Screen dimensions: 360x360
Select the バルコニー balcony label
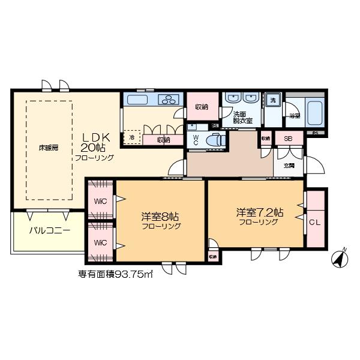coord(50,230)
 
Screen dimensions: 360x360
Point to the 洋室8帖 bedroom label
coord(161,217)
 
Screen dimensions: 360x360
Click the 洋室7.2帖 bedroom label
coord(259,213)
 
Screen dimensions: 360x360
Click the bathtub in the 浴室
coord(314,112)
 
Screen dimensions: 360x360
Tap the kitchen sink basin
coord(137,100)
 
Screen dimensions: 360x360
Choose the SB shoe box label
coord(288,139)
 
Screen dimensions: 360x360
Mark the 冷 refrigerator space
coord(132,137)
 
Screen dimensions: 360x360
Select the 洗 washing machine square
coord(273,100)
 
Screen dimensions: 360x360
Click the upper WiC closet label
coord(100,201)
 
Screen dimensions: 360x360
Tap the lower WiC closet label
coord(100,243)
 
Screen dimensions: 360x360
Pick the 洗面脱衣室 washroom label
coord(243,117)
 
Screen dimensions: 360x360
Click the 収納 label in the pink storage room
coord(202,107)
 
